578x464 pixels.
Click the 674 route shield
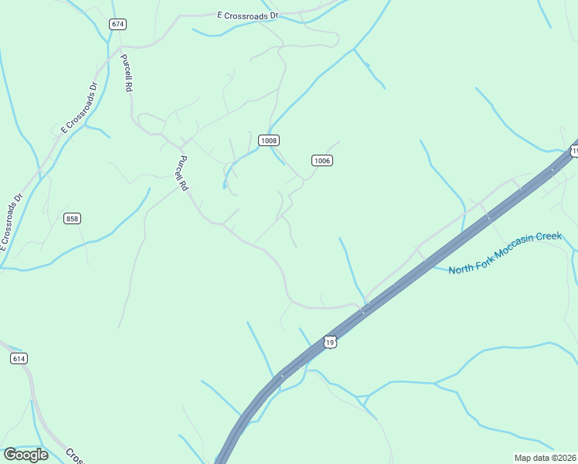pos(117,24)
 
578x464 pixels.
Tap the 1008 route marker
pos(268,140)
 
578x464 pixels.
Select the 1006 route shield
pos(322,160)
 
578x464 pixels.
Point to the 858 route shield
pos(72,219)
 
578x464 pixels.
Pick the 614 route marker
pos(19,358)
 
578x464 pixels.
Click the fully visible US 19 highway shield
pos(330,342)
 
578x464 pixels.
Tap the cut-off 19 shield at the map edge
pos(573,150)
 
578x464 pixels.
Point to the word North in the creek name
pos(461,269)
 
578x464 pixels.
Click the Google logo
pos(25,454)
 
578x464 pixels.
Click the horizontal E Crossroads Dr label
pos(247,15)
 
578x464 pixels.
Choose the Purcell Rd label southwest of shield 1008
pos(183,173)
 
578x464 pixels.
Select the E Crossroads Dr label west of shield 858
pos(13,221)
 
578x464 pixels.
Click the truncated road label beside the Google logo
pos(74,455)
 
